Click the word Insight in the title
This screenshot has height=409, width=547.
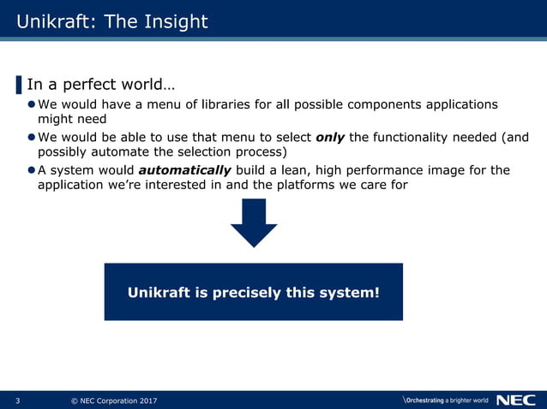point(175,21)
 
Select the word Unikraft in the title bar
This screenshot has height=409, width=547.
point(55,21)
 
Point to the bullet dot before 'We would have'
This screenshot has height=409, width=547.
point(31,104)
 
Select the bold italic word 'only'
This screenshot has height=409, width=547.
point(330,137)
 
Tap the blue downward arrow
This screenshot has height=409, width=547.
point(254,224)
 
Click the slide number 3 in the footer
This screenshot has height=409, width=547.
point(18,400)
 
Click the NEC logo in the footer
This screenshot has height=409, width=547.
point(515,400)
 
